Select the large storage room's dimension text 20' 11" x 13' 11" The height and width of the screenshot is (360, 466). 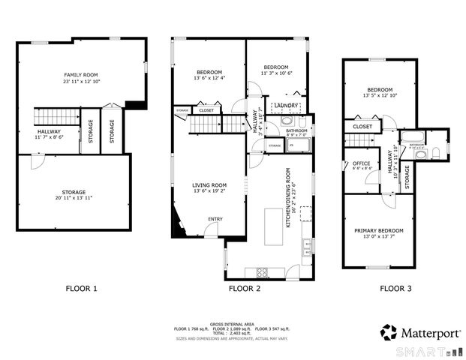[x=74, y=199]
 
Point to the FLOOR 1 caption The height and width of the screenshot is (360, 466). [x=81, y=288]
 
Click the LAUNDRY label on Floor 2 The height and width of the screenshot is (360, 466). [x=285, y=106]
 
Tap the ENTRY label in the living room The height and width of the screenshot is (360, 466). [x=215, y=219]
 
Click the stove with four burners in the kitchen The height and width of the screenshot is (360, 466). [x=264, y=271]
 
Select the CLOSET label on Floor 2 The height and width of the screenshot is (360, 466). [x=206, y=111]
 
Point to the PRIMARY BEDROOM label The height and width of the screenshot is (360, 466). [x=379, y=231]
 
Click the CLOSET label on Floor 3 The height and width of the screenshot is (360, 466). [x=362, y=127]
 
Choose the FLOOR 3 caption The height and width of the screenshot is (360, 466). [x=395, y=288]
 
